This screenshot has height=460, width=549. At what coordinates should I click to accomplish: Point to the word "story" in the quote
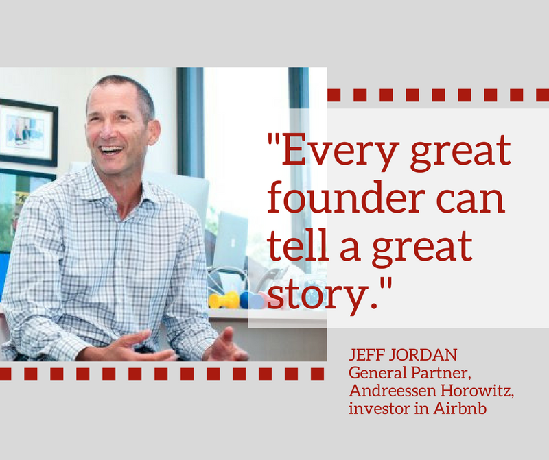(317, 295)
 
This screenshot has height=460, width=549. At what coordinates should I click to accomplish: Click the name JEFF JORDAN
(403, 354)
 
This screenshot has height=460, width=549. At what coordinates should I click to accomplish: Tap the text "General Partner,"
(410, 373)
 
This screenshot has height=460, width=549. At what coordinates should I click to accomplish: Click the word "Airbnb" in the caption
(460, 409)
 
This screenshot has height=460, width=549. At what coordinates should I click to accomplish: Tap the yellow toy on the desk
(224, 300)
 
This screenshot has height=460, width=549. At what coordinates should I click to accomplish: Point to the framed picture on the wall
(27, 132)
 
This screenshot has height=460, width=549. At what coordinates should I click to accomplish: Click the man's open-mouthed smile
(110, 150)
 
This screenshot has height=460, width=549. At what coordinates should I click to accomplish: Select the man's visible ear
(153, 132)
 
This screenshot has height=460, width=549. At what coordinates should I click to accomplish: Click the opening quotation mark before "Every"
(274, 139)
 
